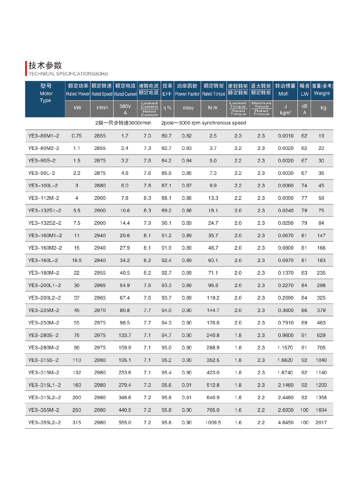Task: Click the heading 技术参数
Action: tap(45, 65)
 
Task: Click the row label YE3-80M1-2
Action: tap(44, 136)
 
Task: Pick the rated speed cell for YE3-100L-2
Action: tap(100, 185)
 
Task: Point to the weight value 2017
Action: tap(321, 422)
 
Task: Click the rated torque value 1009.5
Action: tap(213, 422)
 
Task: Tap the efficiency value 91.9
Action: tap(166, 248)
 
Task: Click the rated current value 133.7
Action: tap(125, 335)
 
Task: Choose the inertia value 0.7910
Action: tap(286, 323)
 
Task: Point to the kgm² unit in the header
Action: tap(285, 113)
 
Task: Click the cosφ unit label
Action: tap(188, 108)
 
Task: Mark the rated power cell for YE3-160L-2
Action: tap(77, 260)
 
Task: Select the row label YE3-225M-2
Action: tap(44, 310)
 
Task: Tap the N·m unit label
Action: tap(213, 108)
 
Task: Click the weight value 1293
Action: tap(321, 385)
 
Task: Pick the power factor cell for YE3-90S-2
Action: tap(187, 160)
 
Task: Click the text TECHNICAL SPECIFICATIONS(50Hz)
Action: tap(68, 74)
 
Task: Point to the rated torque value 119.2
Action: tap(213, 298)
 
